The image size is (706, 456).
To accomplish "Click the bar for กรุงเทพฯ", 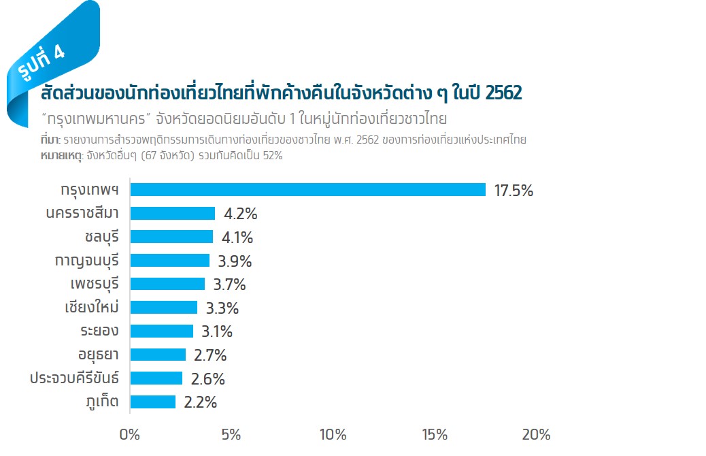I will coord(307,190).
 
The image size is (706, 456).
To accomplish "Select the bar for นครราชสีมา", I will coord(172,214).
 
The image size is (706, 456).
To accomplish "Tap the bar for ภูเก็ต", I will coord(152,402).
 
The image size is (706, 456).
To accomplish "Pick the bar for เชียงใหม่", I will coord(163,308).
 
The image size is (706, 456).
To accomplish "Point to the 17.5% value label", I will coord(514,191).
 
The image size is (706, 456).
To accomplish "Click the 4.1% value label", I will coord(237,238).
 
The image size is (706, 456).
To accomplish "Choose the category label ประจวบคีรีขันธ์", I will coord(74,378).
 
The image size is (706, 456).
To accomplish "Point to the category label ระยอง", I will coord(99,331).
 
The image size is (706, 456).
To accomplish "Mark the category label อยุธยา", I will coord(99,355).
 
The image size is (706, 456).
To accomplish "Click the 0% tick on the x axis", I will coord(129,435).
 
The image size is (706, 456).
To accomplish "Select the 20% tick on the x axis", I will coord(535,435).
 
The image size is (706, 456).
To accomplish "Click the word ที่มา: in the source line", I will coord(50,140).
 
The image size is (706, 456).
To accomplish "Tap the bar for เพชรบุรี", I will coord(167,284).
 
